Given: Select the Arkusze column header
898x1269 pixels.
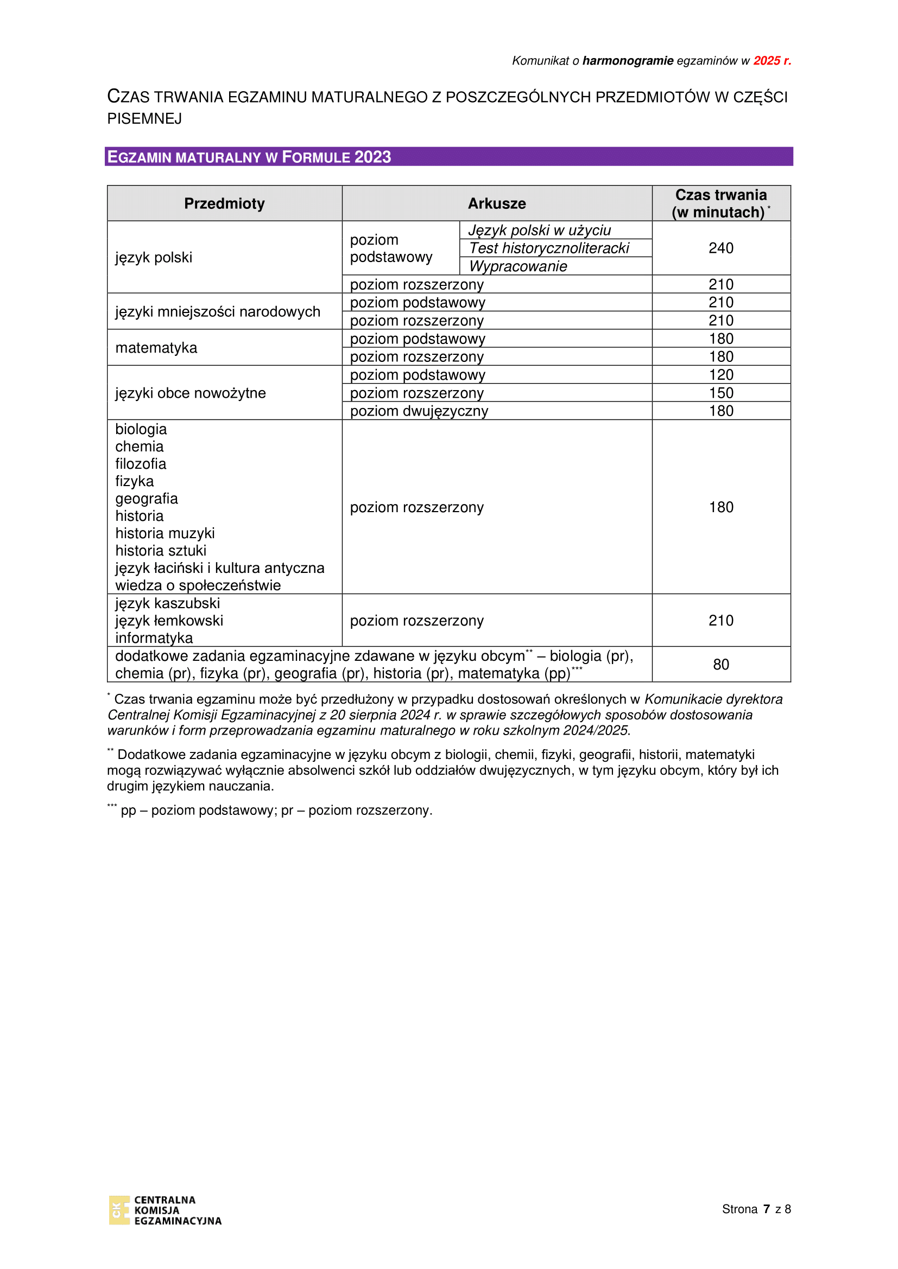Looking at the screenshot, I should pyautogui.click(x=497, y=203).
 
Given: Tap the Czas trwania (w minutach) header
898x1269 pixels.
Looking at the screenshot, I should pyautogui.click(x=720, y=203).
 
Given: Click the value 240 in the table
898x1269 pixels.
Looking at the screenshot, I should pyautogui.click(x=720, y=248).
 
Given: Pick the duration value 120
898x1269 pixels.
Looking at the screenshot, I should pyautogui.click(x=720, y=375).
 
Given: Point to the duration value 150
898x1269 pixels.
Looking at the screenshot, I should pyautogui.click(x=720, y=393).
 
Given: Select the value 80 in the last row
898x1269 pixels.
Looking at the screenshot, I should pyautogui.click(x=720, y=665).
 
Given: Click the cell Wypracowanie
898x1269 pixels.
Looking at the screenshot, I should pyautogui.click(x=518, y=266).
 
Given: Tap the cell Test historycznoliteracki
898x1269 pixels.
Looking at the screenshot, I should pyautogui.click(x=549, y=248).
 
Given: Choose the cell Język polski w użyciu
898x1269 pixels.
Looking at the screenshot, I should pyautogui.click(x=540, y=231).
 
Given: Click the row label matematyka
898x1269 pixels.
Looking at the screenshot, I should pyautogui.click(x=156, y=348).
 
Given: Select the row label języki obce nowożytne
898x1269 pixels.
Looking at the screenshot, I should pyautogui.click(x=190, y=393).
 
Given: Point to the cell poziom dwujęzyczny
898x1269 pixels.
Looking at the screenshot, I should pyautogui.click(x=419, y=411).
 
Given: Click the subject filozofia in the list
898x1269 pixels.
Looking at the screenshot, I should pyautogui.click(x=141, y=464).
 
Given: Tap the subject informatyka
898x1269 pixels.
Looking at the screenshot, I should pyautogui.click(x=154, y=638).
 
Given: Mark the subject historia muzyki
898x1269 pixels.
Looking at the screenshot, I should pyautogui.click(x=165, y=533).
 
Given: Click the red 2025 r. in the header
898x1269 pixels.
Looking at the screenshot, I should pyautogui.click(x=772, y=61).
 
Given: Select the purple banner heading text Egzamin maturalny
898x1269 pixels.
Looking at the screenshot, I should pyautogui.click(x=249, y=157).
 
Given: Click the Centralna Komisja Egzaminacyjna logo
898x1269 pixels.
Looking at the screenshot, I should pyautogui.click(x=165, y=1210).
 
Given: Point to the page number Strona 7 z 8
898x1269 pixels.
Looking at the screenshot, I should pyautogui.click(x=756, y=1209).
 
